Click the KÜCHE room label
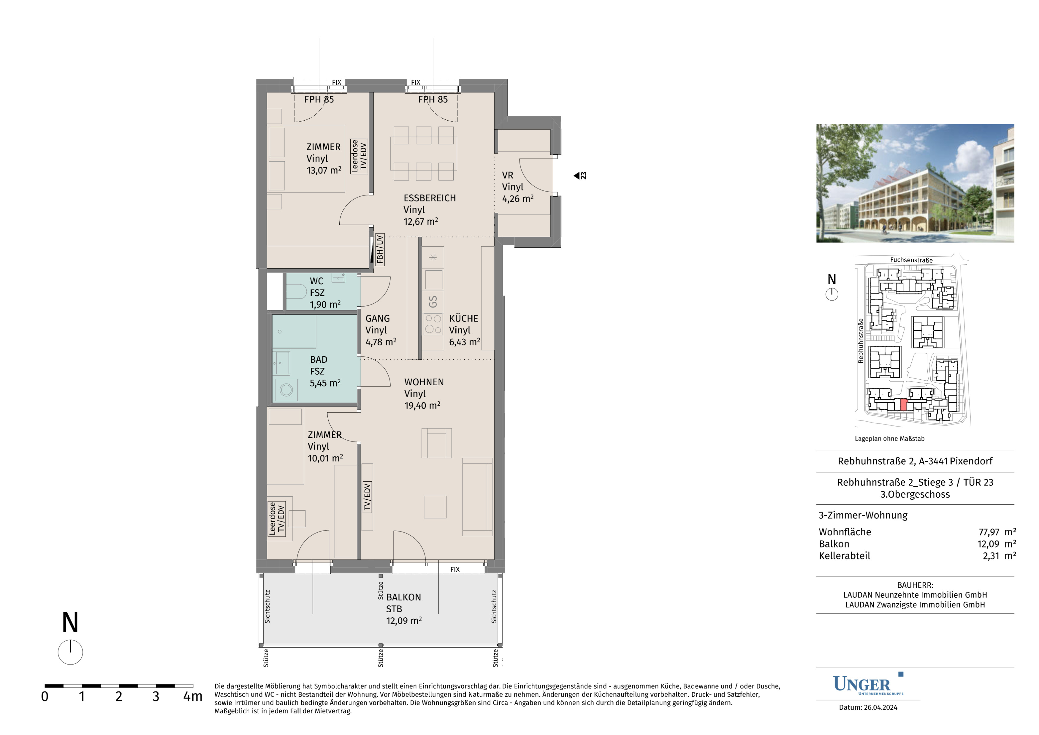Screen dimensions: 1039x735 pyautogui.click(x=463, y=318)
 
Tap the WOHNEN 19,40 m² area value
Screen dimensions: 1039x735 pyautogui.click(x=422, y=405)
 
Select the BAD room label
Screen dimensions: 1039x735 pyautogui.click(x=319, y=359)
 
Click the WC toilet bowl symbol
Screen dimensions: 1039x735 pyautogui.click(x=297, y=292)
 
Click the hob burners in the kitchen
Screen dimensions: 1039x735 pyautogui.click(x=433, y=324)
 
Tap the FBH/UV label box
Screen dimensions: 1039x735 pyautogui.click(x=380, y=250)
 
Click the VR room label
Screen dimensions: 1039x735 pyautogui.click(x=507, y=175)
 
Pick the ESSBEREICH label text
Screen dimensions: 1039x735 pyautogui.click(x=430, y=198)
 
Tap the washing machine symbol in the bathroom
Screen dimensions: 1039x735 pyautogui.click(x=286, y=389)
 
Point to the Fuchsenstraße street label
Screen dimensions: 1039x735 pyautogui.click(x=911, y=260)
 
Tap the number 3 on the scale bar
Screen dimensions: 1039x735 pyautogui.click(x=156, y=696)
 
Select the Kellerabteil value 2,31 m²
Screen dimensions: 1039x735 pyautogui.click(x=999, y=556)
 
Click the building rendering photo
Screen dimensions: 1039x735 pyautogui.click(x=915, y=183)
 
